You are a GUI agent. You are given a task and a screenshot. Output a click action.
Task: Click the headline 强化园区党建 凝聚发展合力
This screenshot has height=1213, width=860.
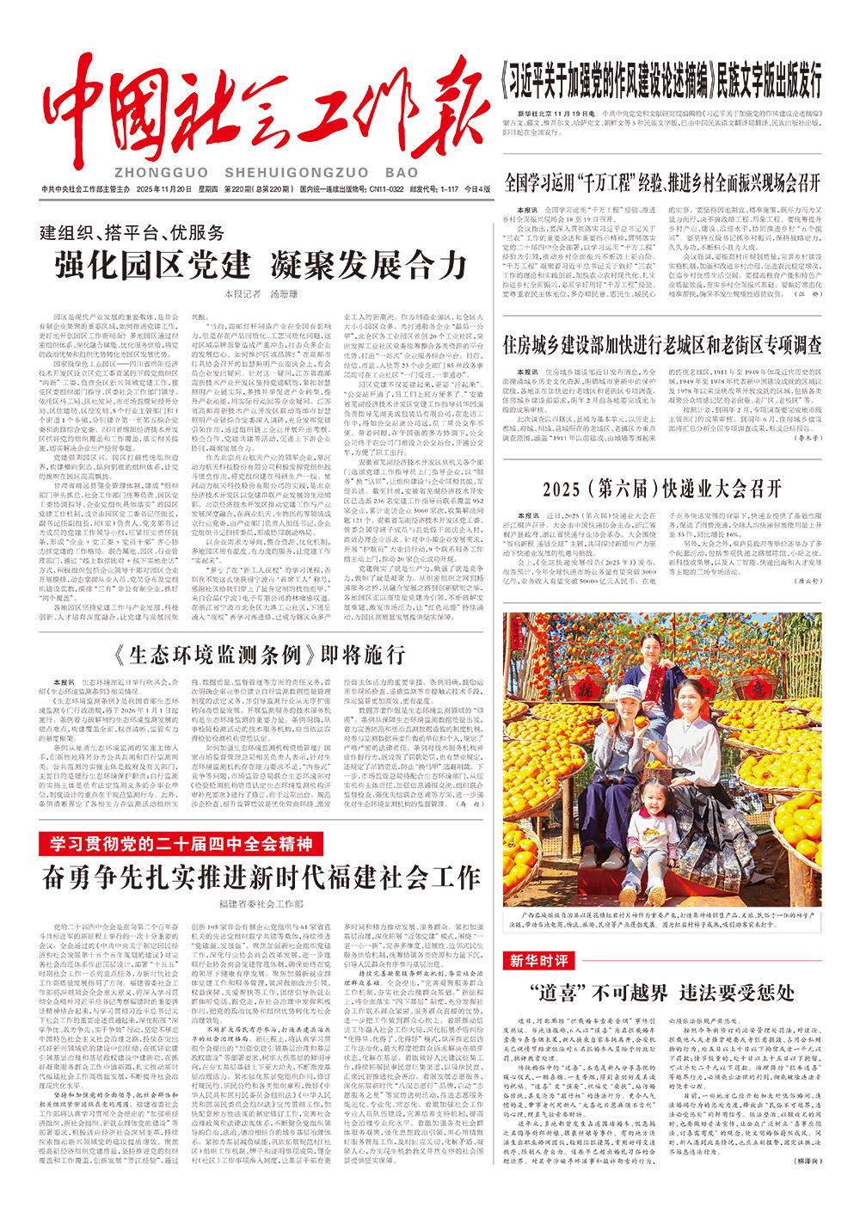261,265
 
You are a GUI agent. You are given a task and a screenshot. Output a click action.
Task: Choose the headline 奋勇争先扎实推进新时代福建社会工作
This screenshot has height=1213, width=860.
261,877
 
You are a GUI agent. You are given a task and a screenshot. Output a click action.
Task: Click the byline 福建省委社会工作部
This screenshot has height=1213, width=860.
261,904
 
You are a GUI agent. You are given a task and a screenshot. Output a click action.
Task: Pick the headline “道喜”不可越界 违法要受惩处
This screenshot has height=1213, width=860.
662,993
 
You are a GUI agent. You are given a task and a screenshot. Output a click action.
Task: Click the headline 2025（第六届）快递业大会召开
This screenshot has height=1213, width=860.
662,489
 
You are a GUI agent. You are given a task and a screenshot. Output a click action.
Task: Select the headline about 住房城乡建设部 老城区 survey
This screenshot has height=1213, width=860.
662,344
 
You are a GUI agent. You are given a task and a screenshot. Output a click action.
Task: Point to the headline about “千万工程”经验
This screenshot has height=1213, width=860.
662,182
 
